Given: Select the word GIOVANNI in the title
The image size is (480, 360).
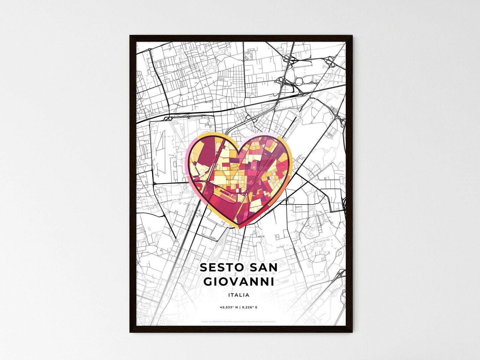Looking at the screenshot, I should coord(239,282).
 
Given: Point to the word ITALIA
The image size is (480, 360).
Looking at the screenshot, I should coord(239,295).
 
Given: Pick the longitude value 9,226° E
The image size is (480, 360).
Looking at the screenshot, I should coord(249,308).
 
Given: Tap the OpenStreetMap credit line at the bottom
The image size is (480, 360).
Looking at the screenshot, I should coord(239,321).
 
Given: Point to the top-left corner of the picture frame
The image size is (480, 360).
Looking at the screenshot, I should coord(130,36).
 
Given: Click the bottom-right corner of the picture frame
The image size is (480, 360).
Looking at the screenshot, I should coord(352,332).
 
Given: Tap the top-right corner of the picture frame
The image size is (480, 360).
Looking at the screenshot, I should coord(352,36).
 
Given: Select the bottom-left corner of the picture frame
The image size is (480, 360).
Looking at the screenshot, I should coord(130,332).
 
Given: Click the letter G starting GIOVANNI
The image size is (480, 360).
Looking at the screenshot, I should coord(209,282).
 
